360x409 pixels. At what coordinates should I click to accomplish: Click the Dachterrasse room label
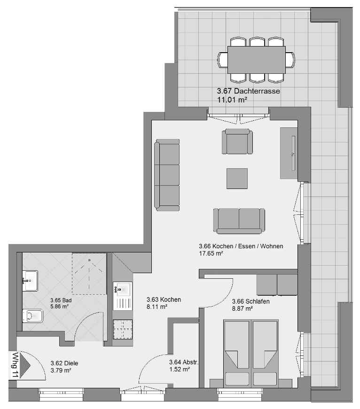point(249,91)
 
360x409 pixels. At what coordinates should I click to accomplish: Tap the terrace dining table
point(257,60)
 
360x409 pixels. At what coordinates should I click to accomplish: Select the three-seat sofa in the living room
point(167,175)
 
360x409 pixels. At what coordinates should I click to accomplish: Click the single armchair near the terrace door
point(237,142)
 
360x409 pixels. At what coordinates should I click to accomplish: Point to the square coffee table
point(237,179)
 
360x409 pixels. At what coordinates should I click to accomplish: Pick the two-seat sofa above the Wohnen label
point(239,220)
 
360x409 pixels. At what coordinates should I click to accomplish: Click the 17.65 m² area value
point(211,253)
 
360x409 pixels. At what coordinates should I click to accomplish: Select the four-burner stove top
point(123,330)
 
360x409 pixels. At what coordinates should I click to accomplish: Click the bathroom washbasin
point(30,281)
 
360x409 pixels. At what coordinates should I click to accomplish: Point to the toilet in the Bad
point(32,316)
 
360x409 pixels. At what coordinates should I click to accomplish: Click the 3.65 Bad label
point(61,300)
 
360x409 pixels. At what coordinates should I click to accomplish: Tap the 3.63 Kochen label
point(164,299)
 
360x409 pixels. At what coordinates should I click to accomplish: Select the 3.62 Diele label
point(64,363)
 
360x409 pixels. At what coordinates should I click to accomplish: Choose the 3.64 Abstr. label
point(184,362)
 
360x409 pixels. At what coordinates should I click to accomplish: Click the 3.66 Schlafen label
point(251,301)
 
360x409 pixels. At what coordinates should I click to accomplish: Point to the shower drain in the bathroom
point(89,260)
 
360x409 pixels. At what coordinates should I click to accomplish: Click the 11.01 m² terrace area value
point(232,100)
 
